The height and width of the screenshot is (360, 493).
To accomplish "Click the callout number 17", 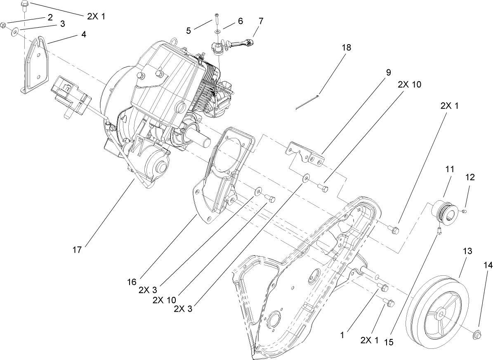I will pos(78,249).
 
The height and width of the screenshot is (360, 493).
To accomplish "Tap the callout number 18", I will pos(346,47).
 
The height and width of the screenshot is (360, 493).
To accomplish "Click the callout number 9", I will pos(388,72).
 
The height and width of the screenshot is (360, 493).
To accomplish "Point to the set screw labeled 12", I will pos(463,211).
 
